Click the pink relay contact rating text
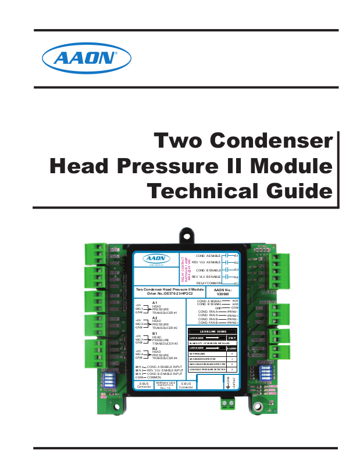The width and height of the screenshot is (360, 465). (x=185, y=269)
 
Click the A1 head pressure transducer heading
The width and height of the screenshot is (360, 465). (x=155, y=303)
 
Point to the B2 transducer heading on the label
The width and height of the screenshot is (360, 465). (x=155, y=349)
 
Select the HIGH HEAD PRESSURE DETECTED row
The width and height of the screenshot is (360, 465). (x=206, y=364)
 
